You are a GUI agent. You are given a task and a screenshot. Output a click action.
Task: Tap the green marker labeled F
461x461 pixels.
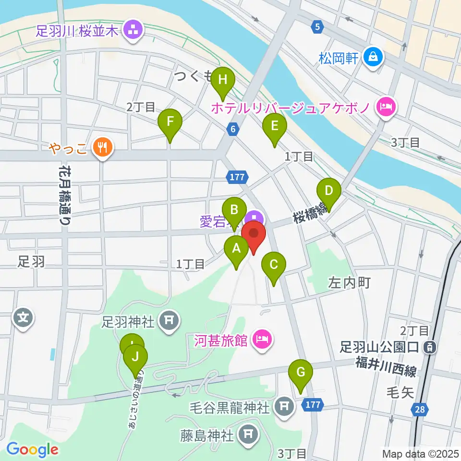coord(170,123)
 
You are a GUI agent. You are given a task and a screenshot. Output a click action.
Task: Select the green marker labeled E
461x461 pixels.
coord(275,127)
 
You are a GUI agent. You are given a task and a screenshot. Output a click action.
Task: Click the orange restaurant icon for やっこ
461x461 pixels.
coord(102,146)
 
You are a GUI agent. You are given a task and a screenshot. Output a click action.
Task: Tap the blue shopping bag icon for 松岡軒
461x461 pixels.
coord(373,58)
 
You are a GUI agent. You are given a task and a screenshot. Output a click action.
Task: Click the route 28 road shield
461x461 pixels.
coord(420,408)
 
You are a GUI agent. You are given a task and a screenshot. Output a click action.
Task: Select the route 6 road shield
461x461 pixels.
coord(233,129)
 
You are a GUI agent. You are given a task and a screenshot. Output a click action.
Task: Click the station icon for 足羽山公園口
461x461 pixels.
coord(430,346)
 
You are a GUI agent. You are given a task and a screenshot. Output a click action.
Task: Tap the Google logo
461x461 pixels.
coord(33,450)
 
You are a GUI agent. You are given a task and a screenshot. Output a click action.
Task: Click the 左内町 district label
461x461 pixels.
coord(349,283)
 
